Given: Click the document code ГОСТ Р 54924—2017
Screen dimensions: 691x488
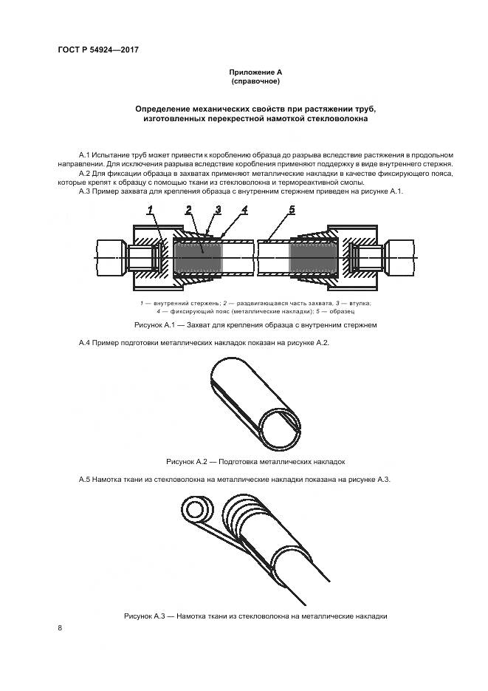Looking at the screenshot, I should [x=98, y=50].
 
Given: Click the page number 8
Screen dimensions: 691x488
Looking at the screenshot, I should [x=60, y=629].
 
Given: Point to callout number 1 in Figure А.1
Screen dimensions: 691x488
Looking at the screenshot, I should [x=150, y=211].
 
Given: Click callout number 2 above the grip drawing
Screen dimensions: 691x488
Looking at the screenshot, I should [x=189, y=211].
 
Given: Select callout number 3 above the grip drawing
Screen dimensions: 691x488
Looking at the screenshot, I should [x=218, y=211].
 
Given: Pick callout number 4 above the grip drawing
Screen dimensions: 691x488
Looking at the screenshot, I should [x=244, y=211].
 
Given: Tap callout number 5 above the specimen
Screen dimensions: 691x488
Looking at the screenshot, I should [x=292, y=211].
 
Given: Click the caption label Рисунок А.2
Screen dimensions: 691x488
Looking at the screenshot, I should [x=190, y=461].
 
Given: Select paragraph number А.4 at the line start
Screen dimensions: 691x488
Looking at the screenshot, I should [x=85, y=344].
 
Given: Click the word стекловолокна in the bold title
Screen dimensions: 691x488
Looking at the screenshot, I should [x=334, y=118].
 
